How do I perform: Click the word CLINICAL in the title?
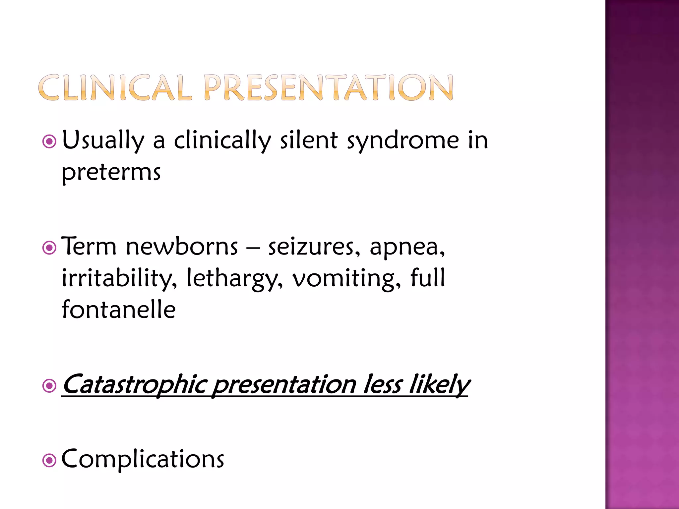115,87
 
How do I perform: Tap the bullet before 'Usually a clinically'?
49,142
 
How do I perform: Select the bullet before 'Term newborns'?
49,248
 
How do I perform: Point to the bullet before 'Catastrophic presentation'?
49,386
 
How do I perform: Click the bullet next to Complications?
49,460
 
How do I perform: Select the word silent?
309,140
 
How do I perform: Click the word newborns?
182,247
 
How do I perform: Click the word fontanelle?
118,310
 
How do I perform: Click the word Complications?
143,459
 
